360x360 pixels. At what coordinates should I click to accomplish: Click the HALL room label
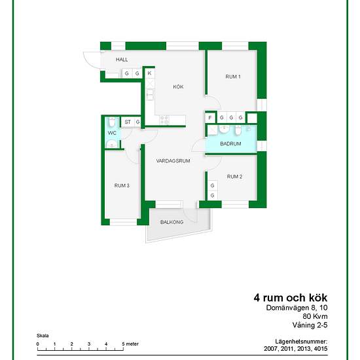122,60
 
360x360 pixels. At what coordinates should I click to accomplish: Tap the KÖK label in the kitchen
178,87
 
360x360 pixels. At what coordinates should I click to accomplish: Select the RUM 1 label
233,77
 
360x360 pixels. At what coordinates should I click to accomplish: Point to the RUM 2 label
234,177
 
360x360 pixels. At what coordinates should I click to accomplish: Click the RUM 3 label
122,185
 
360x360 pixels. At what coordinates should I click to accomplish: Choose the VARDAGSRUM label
173,161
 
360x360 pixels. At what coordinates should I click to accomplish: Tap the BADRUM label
230,144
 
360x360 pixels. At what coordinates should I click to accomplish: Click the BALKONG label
171,222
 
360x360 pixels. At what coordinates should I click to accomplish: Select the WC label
112,133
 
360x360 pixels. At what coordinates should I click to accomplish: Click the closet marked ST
128,122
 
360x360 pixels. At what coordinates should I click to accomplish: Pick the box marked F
210,118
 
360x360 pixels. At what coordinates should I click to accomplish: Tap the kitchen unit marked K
150,73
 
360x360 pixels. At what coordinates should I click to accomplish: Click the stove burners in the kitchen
164,120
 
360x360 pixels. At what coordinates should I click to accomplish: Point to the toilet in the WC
112,122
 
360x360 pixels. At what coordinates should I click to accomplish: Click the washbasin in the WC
111,144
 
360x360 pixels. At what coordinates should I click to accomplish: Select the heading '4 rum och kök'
291,298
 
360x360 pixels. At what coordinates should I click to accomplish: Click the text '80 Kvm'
315,316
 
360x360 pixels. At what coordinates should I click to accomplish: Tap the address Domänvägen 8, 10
297,308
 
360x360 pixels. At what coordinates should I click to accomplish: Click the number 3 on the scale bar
89,344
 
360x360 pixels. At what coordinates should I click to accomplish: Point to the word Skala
43,336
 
